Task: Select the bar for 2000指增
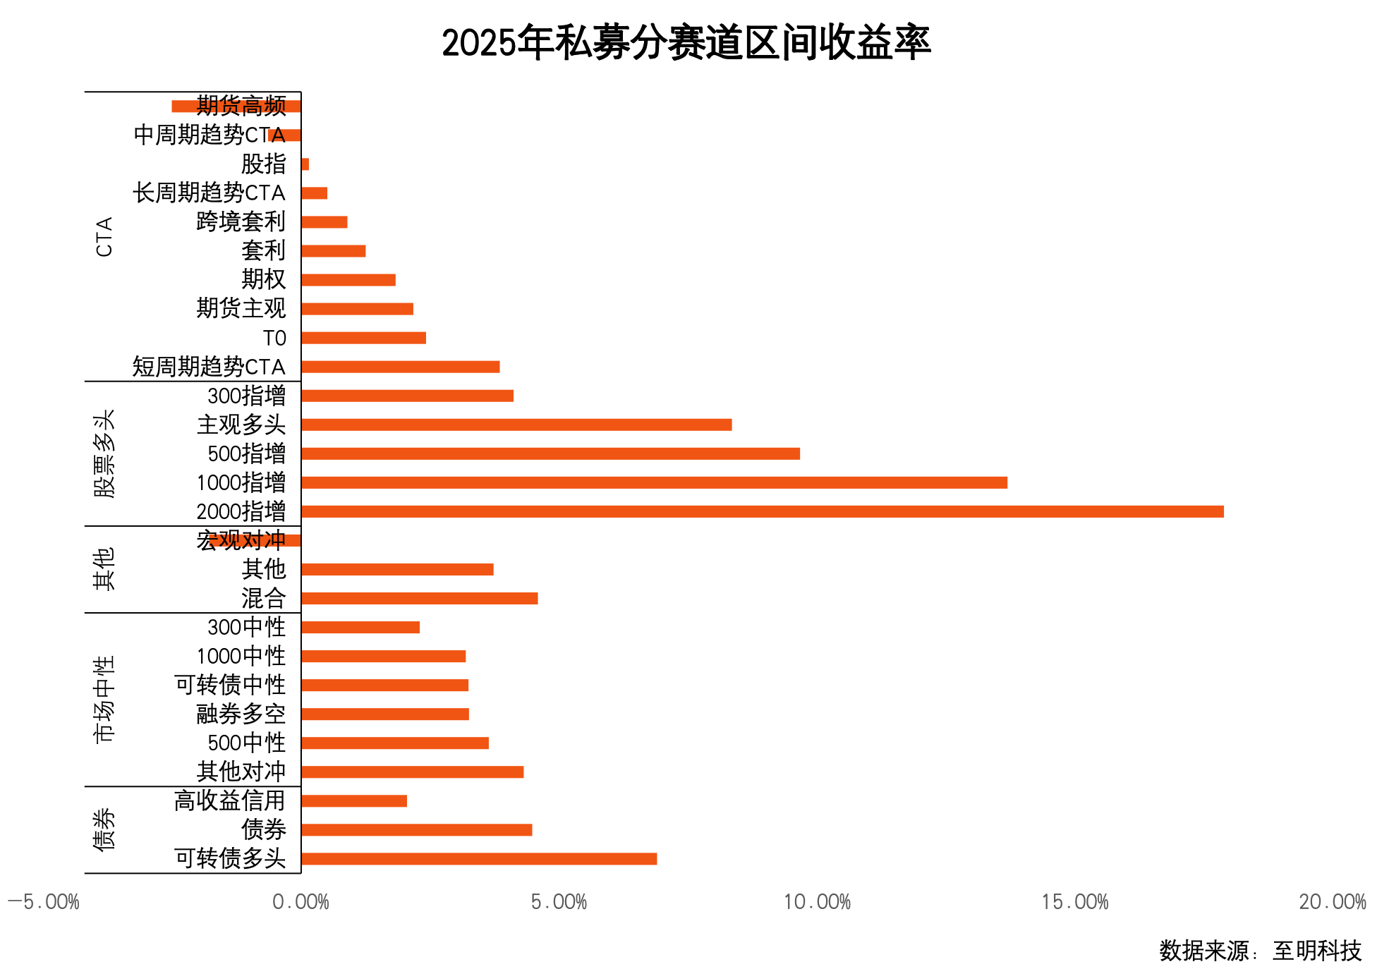(x=762, y=511)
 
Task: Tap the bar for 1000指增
(x=654, y=482)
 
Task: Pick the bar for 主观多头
(x=516, y=425)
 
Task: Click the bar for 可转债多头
(x=479, y=858)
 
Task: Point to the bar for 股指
(x=305, y=164)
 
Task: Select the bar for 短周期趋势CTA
(x=400, y=367)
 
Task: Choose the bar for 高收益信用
(x=354, y=800)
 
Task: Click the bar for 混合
(x=419, y=598)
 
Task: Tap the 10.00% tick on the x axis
(x=817, y=902)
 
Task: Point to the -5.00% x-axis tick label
(x=44, y=902)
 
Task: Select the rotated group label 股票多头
(x=104, y=453)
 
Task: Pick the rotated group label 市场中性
(x=104, y=699)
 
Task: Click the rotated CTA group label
(x=104, y=237)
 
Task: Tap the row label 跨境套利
(x=241, y=221)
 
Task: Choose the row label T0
(x=274, y=338)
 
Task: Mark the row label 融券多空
(x=241, y=714)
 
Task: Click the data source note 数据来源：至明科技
(x=1260, y=951)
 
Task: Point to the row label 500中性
(x=246, y=743)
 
